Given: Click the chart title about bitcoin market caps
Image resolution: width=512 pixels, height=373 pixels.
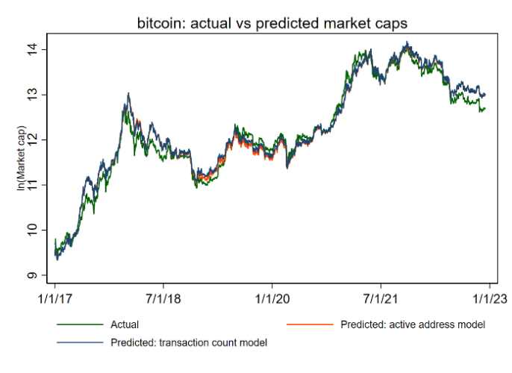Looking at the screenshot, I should pyautogui.click(x=272, y=25).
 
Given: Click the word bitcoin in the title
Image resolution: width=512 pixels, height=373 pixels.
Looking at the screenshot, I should pyautogui.click(x=159, y=25).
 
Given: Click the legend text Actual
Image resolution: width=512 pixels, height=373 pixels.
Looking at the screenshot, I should pyautogui.click(x=125, y=325).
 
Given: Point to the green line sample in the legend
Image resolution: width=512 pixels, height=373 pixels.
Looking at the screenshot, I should pyautogui.click(x=78, y=325).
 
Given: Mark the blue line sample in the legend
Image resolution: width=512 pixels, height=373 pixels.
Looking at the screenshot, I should pyautogui.click(x=78, y=342).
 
